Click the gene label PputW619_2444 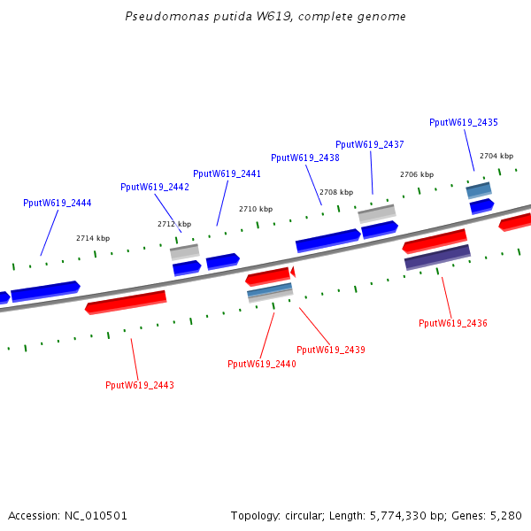click(x=58, y=204)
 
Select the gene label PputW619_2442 click(x=155, y=188)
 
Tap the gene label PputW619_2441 click(x=227, y=173)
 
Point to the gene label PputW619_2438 click(x=305, y=158)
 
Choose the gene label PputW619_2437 click(x=370, y=144)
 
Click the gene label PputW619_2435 click(x=464, y=123)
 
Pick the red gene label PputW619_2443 click(x=140, y=385)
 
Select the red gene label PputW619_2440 click(x=262, y=364)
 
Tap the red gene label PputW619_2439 click(x=331, y=350)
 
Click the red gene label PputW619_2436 click(x=453, y=323)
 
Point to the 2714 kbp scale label click(x=93, y=238)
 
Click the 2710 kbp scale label click(x=256, y=209)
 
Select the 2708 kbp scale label click(x=336, y=192)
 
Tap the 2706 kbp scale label click(x=417, y=174)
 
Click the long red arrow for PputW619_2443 click(x=126, y=303)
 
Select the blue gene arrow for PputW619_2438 click(x=327, y=240)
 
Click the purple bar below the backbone click(x=437, y=258)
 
